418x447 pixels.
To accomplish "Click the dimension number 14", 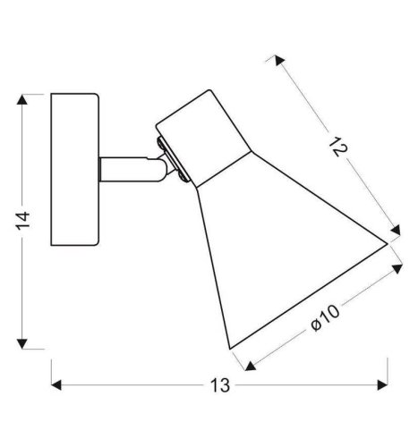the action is [x=23, y=221].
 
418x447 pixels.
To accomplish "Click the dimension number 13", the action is [x=220, y=385].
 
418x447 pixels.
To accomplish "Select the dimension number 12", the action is [x=338, y=147].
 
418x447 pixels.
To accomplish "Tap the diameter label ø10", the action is [x=325, y=318].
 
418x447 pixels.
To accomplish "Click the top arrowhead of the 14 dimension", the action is [x=22, y=99].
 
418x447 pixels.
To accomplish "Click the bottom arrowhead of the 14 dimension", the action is [x=22, y=343].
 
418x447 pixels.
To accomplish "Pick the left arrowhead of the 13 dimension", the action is [x=56, y=384].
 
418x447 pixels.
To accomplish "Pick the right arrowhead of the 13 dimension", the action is [x=382, y=384].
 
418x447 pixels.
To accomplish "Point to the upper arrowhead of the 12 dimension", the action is [x=279, y=61].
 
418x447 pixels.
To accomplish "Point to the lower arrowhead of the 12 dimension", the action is [x=396, y=231].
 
